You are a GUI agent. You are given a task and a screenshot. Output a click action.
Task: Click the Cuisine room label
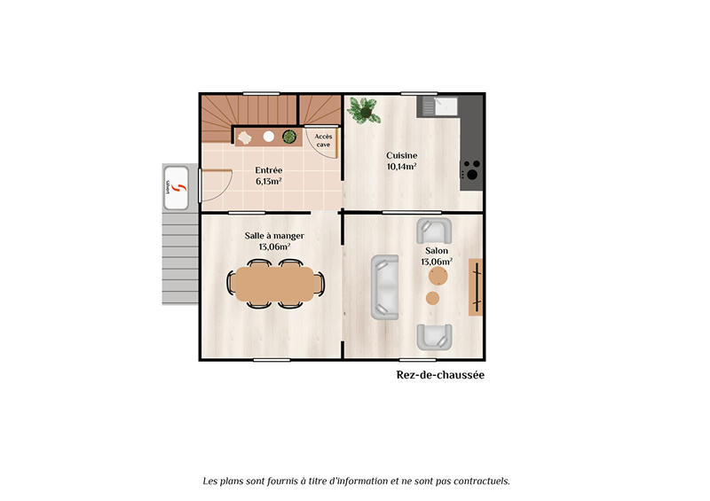401,155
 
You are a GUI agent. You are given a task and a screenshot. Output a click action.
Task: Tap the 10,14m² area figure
401,166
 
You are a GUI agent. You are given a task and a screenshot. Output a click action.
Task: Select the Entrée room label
269,169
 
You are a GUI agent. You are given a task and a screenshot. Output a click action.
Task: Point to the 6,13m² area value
269,181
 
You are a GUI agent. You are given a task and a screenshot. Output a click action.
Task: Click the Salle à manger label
274,235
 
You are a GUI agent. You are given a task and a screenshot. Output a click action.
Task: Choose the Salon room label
437,251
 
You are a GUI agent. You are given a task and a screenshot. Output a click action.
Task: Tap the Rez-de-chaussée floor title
439,375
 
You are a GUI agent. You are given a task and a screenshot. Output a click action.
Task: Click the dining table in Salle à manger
276,284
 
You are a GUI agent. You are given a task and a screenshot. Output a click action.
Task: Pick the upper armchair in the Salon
434,231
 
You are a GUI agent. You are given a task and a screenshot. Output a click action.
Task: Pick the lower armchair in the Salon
434,336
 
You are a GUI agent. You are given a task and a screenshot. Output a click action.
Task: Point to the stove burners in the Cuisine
471,168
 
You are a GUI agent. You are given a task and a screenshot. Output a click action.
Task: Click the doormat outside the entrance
176,188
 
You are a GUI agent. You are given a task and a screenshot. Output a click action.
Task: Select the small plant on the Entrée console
289,137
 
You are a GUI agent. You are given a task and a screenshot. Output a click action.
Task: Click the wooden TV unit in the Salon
477,286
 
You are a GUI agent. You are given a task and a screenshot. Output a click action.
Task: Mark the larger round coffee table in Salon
438,278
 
